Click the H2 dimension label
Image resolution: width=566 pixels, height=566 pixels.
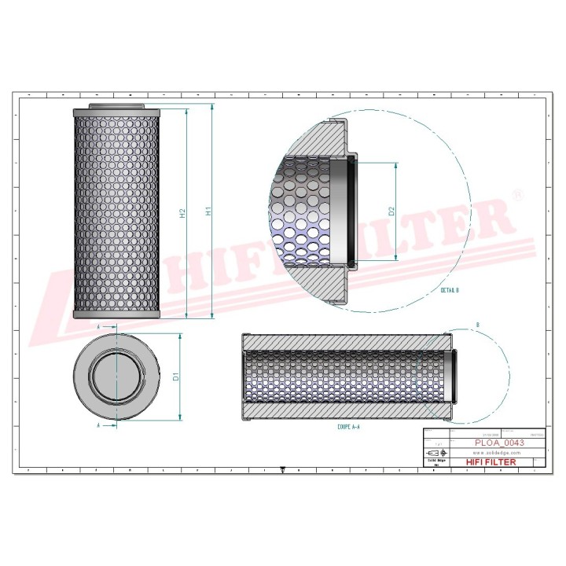pyautogui.click(x=182, y=213)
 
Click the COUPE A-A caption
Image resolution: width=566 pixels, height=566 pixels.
pyautogui.click(x=349, y=428)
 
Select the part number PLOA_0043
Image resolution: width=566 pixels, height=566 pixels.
pyautogui.click(x=500, y=443)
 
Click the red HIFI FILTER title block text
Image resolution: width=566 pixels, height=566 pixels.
pyautogui.click(x=491, y=462)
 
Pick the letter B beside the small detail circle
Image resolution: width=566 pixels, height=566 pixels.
pyautogui.click(x=477, y=324)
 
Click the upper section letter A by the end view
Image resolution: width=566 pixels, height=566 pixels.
pyautogui.click(x=98, y=325)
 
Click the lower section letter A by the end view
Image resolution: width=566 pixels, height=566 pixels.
pyautogui.click(x=98, y=425)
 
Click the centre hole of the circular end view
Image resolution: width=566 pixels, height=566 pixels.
pyautogui.click(x=116, y=376)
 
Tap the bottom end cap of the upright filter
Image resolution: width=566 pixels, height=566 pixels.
pyautogui.click(x=116, y=314)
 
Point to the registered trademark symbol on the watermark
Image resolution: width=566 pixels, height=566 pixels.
pyautogui.click(x=516, y=193)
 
